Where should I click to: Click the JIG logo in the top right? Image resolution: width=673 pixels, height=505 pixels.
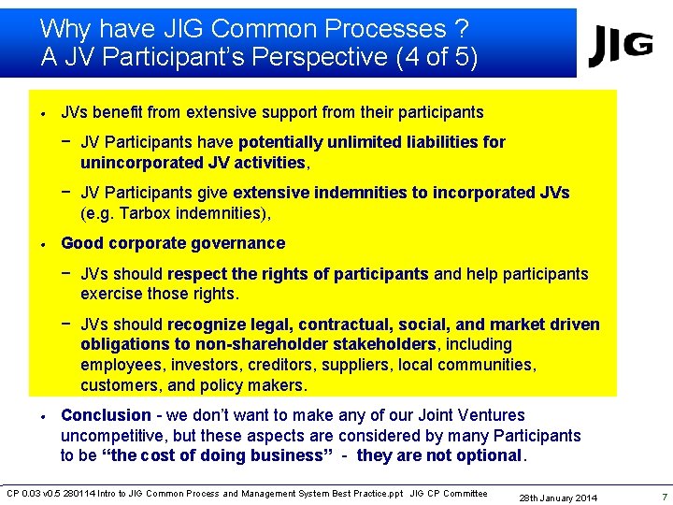pyautogui.click(x=621, y=46)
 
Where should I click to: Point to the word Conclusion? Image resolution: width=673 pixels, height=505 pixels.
pyautogui.click(x=106, y=415)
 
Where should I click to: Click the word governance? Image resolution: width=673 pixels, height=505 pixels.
pyautogui.click(x=238, y=243)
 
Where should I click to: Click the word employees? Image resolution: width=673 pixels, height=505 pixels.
pyautogui.click(x=120, y=365)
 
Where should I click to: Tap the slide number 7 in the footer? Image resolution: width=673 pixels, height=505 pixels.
pyautogui.click(x=663, y=496)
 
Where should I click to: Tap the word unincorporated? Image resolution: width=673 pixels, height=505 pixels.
pyautogui.click(x=138, y=163)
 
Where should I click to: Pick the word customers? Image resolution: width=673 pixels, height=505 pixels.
pyautogui.click(x=118, y=385)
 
